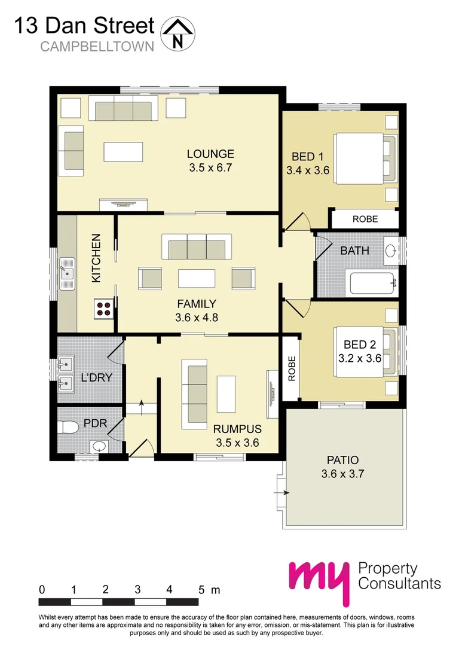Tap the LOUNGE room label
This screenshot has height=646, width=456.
tap(210, 154)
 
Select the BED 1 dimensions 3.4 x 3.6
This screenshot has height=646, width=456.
tap(308, 170)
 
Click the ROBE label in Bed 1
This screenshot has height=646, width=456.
tap(365, 219)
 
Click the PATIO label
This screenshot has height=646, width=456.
tap(342, 461)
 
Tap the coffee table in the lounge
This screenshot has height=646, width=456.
tap(124, 151)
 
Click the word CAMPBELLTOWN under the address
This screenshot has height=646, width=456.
tap(97, 47)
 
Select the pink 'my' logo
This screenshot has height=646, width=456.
tap(319, 581)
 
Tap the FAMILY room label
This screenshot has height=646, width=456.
tap(195, 304)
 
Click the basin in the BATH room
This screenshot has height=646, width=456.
tap(391, 251)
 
